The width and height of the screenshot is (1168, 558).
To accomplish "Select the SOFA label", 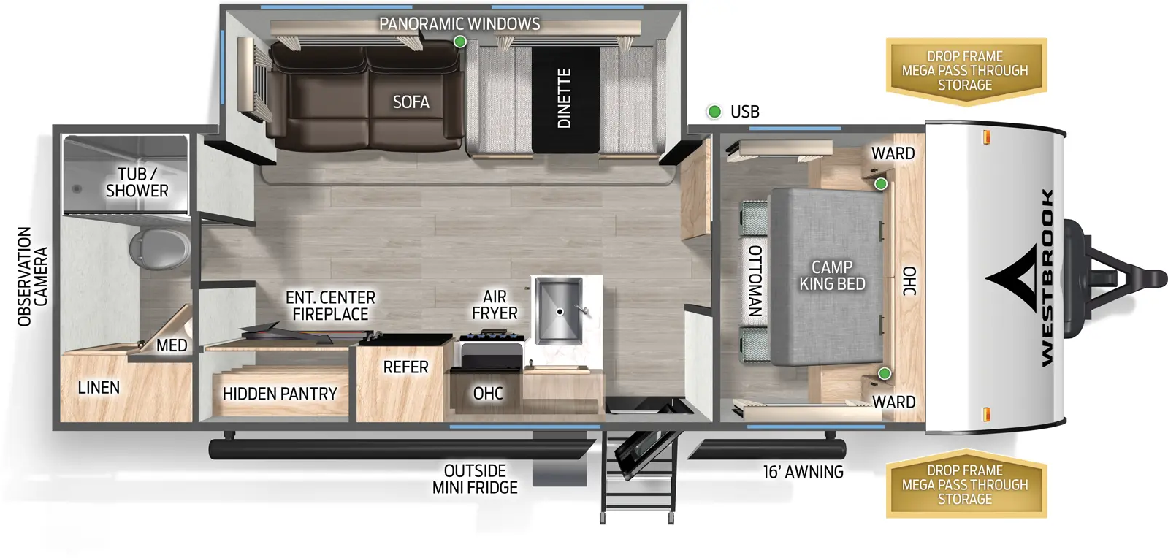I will tap(411, 102).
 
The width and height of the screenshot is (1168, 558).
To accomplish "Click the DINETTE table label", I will tap(564, 99).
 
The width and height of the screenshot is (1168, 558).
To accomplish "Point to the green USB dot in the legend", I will tap(714, 112).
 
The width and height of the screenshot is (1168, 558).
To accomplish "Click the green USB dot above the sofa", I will tap(459, 42).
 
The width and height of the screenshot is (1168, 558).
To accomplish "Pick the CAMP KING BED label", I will tap(832, 275).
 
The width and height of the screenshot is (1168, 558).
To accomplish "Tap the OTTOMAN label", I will tap(755, 280).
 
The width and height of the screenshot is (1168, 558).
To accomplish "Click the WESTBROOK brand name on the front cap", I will tap(1047, 278).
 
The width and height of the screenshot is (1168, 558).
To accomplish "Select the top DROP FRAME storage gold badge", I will tap(965, 71).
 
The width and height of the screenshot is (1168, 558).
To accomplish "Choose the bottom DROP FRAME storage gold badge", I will tap(965, 485).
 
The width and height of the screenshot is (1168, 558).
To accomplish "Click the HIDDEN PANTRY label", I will tap(280, 394).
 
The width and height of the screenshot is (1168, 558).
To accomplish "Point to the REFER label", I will tap(405, 367).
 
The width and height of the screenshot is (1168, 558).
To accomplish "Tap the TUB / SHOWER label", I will tap(137, 183).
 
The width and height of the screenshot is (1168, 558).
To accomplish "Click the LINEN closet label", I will tap(99, 388).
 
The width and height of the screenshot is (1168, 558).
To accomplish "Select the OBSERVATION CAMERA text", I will tap(32, 276).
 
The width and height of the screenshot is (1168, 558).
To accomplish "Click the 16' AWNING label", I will tap(803, 473).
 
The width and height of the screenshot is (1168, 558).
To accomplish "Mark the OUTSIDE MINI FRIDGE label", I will tap(475, 479).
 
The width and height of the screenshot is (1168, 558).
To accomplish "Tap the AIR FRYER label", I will tap(495, 305).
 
